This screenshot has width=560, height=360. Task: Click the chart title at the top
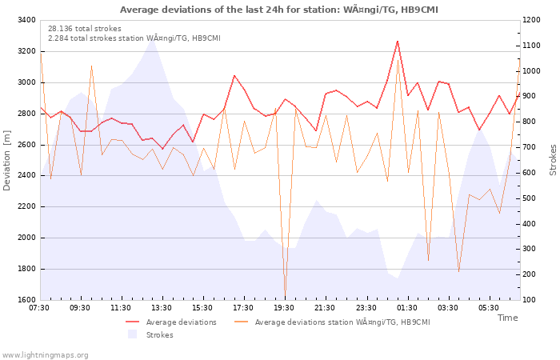tap(279, 10)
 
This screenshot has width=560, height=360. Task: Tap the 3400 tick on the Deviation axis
tap(26, 20)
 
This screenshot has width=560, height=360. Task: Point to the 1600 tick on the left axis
tap(26, 300)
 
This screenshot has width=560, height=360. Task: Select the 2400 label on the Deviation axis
tap(26, 175)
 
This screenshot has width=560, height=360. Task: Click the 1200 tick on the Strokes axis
tap(531, 20)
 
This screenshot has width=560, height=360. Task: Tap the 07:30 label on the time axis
tap(39, 308)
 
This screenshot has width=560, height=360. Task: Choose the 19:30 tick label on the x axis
tap(284, 308)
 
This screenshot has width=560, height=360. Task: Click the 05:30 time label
tap(489, 308)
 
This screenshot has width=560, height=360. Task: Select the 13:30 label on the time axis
tap(162, 308)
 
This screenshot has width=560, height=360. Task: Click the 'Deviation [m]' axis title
tap(6, 161)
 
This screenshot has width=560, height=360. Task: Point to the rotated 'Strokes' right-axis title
tap(553, 160)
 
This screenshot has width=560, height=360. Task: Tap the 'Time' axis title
tap(507, 318)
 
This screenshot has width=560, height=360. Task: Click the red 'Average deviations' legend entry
tap(171, 322)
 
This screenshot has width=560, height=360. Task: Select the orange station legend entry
tap(332, 322)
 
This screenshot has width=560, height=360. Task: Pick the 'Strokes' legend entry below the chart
tap(150, 334)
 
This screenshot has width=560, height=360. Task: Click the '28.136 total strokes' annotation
tap(85, 29)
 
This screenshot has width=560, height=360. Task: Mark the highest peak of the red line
tap(398, 42)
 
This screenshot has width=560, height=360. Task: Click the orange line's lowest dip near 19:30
tap(286, 297)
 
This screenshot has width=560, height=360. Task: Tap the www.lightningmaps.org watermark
tap(45, 355)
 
